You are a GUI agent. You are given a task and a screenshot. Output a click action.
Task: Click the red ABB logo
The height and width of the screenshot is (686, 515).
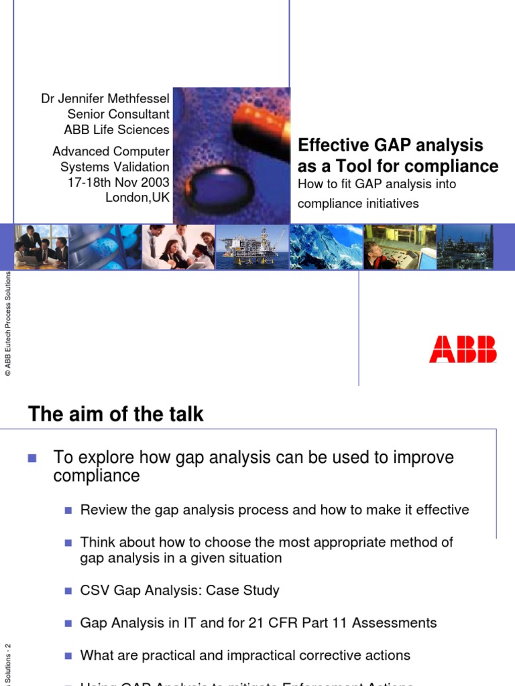(463, 350)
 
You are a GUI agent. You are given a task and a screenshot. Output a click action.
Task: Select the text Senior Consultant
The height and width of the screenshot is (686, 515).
(118, 114)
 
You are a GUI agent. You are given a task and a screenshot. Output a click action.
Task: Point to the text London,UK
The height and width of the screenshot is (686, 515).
(137, 197)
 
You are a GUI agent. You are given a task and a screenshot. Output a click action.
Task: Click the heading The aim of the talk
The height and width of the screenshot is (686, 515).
(115, 415)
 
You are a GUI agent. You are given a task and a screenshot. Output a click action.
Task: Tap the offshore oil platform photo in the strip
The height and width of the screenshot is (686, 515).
(251, 247)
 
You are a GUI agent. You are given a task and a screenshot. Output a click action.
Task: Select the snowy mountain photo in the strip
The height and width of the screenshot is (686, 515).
(325, 247)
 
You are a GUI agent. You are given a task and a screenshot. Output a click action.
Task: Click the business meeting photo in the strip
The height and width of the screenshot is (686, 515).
(41, 247)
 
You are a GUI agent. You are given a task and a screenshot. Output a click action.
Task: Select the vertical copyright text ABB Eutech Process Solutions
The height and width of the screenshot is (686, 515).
(8, 325)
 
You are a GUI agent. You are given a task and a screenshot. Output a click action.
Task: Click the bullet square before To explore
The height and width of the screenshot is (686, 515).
(32, 458)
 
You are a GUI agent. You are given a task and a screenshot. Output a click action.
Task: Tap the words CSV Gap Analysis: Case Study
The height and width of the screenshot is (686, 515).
(180, 590)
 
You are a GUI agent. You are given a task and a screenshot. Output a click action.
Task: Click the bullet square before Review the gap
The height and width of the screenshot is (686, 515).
(67, 510)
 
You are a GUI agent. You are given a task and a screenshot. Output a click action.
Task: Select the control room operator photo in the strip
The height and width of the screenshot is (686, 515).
(399, 247)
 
